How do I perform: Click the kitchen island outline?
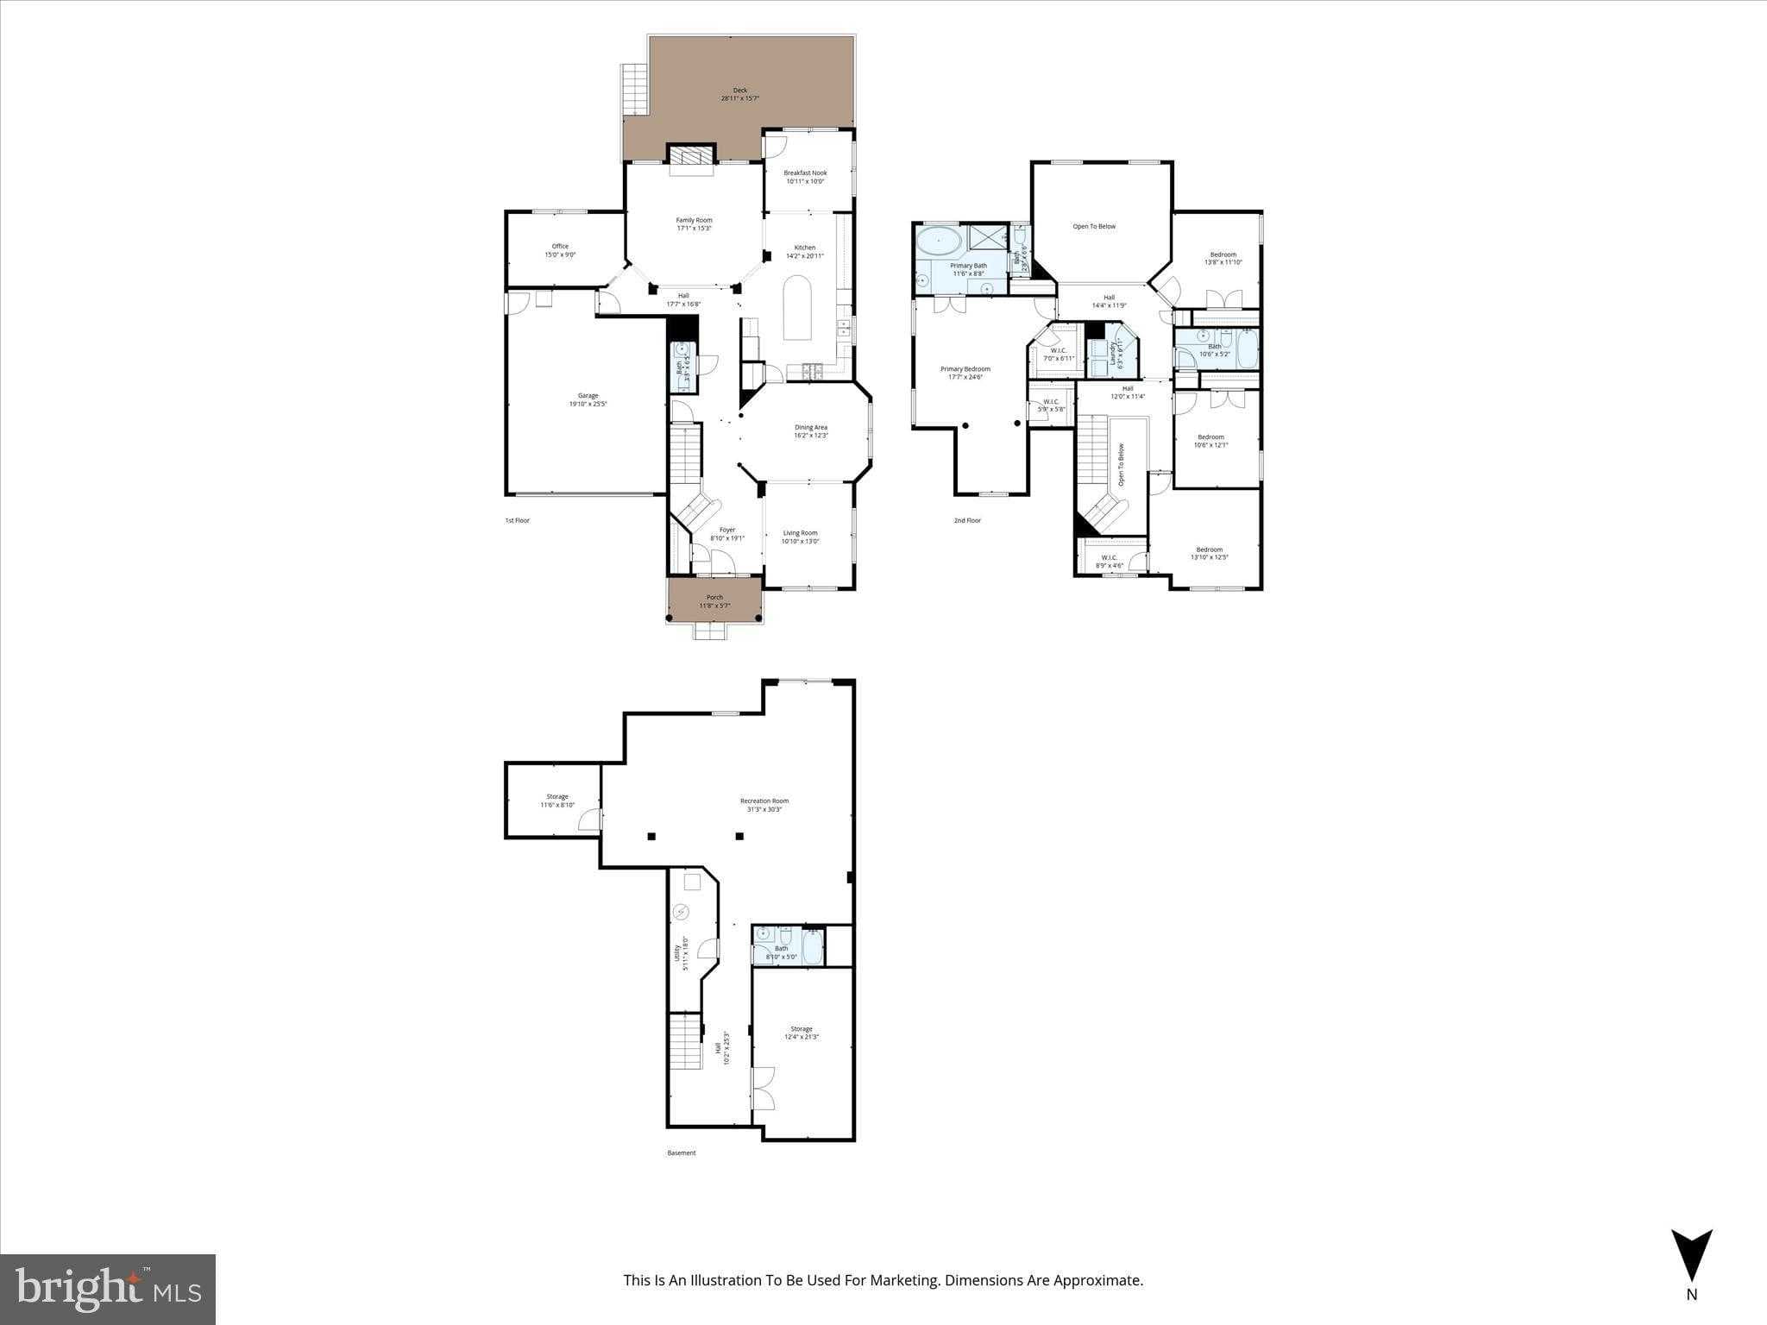(x=797, y=308)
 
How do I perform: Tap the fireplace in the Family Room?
(x=691, y=156)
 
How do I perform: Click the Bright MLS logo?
(x=108, y=1289)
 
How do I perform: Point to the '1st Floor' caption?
(x=517, y=521)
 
